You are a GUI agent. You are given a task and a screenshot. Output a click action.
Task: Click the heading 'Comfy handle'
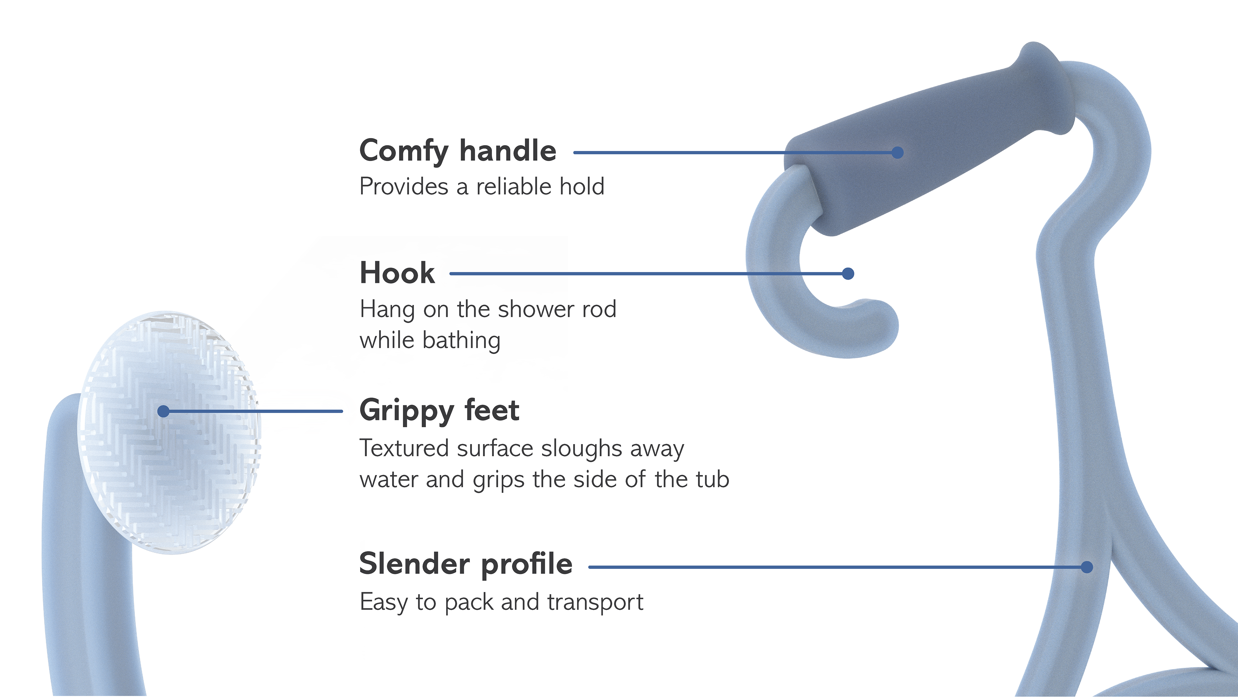[457, 151]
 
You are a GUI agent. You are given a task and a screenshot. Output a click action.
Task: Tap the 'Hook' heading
[397, 273]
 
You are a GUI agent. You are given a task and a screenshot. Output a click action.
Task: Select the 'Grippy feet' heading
[439, 411]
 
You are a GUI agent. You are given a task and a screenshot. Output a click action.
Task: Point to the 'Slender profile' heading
[465, 564]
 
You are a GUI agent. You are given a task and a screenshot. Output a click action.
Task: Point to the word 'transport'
[595, 602]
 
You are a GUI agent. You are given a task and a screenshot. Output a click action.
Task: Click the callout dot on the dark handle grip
[897, 153]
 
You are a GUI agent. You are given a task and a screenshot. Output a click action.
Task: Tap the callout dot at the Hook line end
[848, 274]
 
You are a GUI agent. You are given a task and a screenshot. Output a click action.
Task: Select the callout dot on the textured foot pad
[163, 411]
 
